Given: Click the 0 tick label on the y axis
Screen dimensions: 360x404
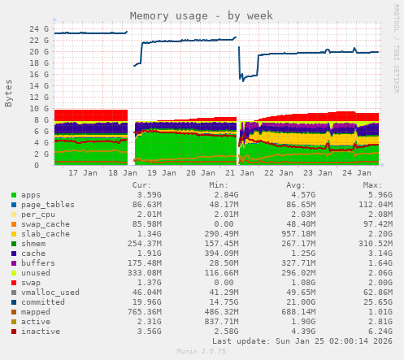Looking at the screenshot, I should pos(46,165).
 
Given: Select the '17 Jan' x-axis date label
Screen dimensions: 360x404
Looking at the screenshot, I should pos(85,173).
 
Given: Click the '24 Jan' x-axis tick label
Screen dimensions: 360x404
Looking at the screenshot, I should pos(358,173).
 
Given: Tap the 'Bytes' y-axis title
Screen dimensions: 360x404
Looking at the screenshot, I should pos(9,93).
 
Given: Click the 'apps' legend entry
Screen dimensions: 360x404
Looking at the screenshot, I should pos(31,195).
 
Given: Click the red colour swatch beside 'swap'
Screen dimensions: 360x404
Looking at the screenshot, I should pos(13,283).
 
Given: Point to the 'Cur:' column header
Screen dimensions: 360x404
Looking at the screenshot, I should pos(141,185).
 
